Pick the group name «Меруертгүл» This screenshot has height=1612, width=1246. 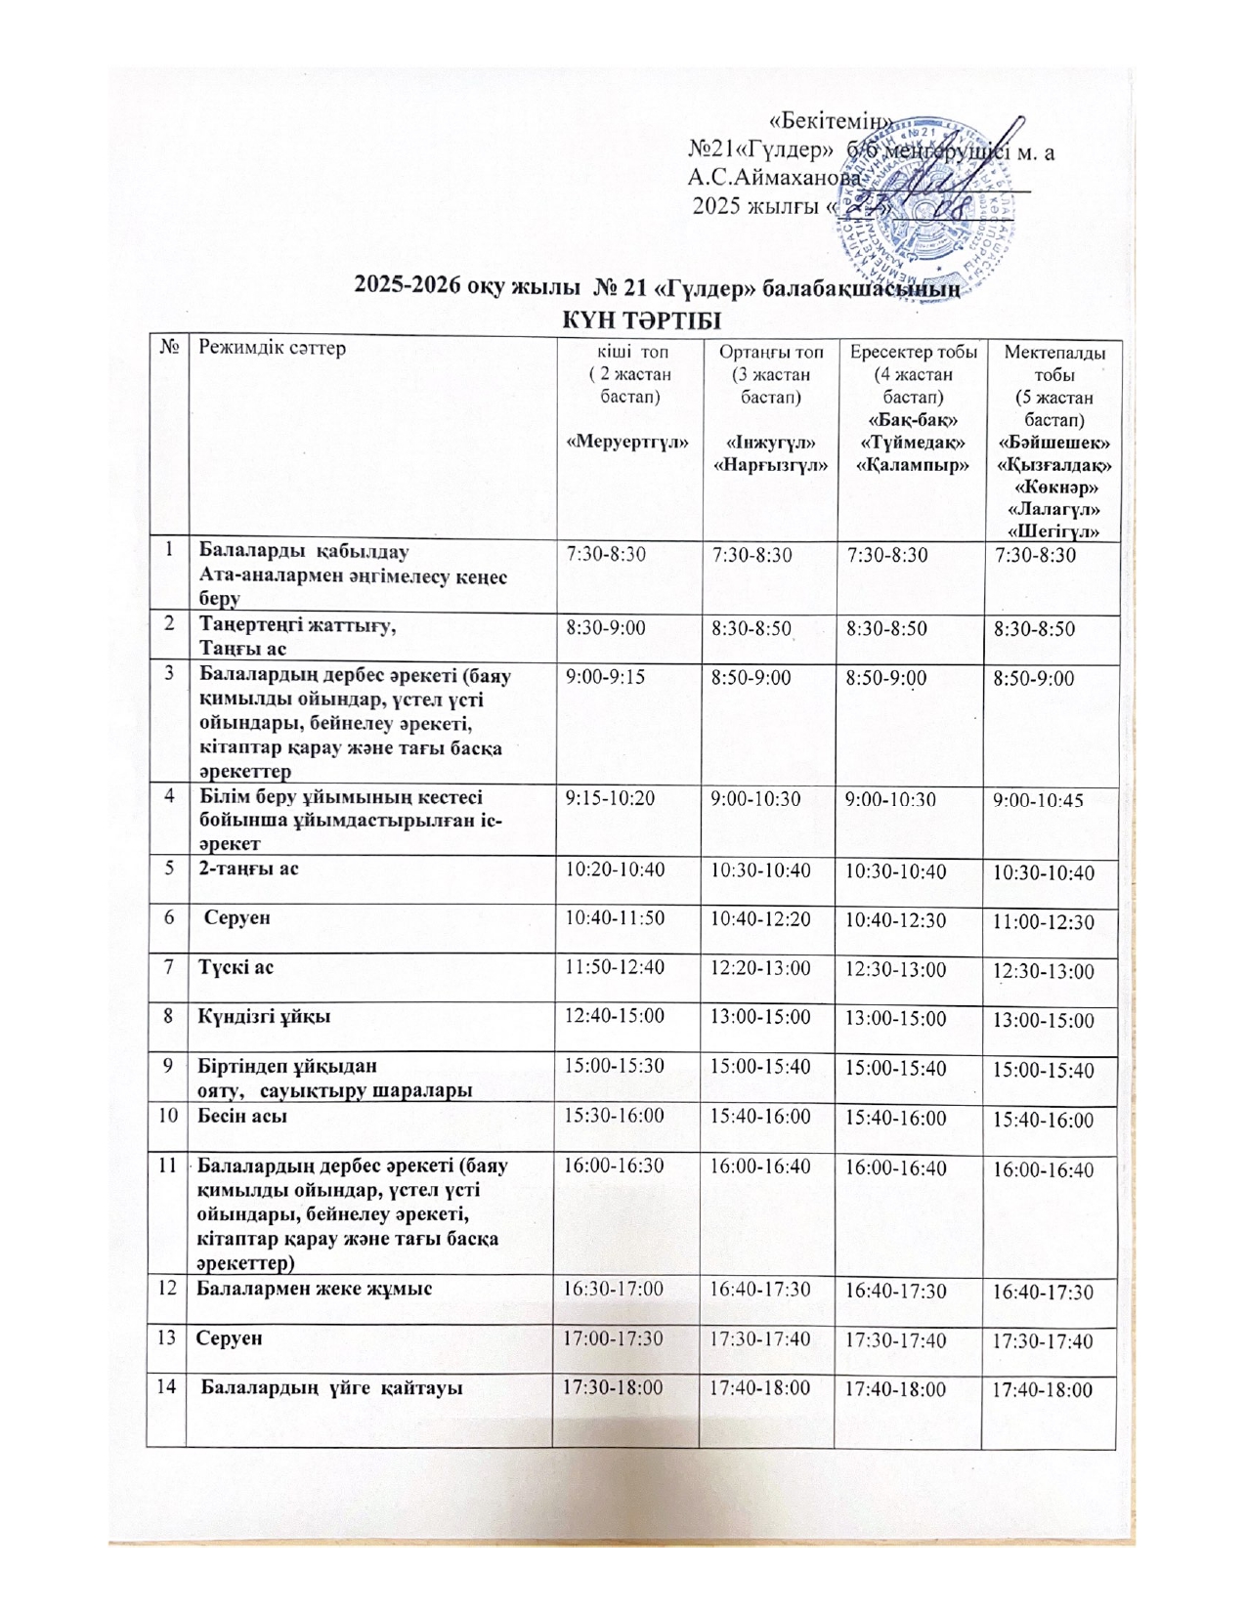click(628, 441)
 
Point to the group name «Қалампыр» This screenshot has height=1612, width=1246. click(911, 464)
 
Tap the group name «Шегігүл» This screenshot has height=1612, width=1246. click(1053, 530)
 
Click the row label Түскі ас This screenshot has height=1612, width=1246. click(236, 967)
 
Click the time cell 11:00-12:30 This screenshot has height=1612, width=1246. click(1044, 922)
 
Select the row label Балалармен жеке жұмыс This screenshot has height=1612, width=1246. click(315, 1289)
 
